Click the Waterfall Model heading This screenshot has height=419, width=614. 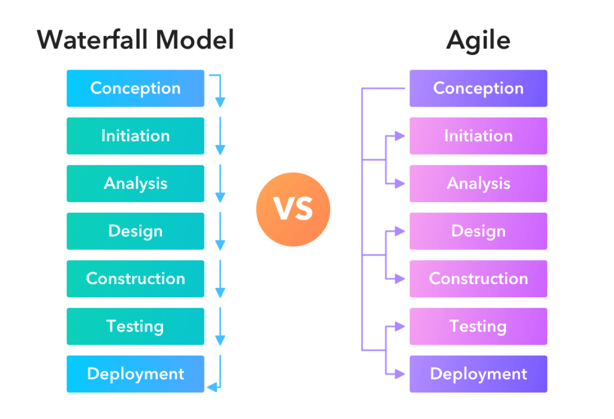click(136, 40)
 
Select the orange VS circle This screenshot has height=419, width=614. click(293, 210)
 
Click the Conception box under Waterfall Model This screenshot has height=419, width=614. click(136, 88)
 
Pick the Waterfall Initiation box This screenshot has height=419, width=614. click(136, 136)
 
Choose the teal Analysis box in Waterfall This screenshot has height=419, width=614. click(136, 183)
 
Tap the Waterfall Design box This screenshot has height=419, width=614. click(136, 231)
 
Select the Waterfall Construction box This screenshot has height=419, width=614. click(136, 278)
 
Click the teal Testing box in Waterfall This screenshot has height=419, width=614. click(136, 326)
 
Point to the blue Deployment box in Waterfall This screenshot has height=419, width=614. click(136, 374)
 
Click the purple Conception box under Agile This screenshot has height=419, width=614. click(478, 88)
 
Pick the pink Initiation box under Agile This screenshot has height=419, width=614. click(478, 136)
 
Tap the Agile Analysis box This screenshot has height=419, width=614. click(478, 183)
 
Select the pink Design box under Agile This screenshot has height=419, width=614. click(478, 231)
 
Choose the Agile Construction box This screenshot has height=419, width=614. click(478, 278)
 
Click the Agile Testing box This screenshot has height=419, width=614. click(478, 326)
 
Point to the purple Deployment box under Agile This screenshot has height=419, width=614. click(478, 374)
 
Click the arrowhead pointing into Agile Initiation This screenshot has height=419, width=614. click(400, 136)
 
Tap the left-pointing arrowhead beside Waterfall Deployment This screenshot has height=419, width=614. click(212, 387)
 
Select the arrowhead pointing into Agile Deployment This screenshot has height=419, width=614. click(400, 374)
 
